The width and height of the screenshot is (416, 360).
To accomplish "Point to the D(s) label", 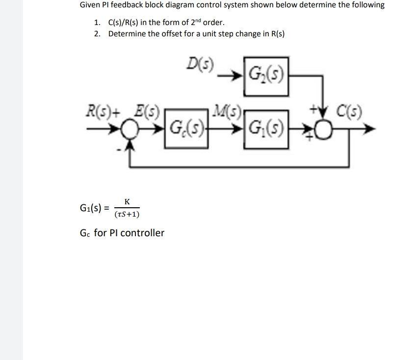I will coord(201,64).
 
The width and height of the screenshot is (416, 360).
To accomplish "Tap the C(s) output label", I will coord(349,111).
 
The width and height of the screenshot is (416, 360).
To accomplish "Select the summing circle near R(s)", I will coord(130,130).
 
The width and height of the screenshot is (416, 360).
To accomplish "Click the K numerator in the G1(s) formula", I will coord(127,202).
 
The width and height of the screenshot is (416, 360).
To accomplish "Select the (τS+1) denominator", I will coord(127,214).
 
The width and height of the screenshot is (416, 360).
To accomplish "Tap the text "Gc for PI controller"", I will coord(122,233).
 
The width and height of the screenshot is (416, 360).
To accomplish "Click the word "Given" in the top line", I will coord(90,5).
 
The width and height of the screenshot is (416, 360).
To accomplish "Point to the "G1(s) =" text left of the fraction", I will coord(94,208).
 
